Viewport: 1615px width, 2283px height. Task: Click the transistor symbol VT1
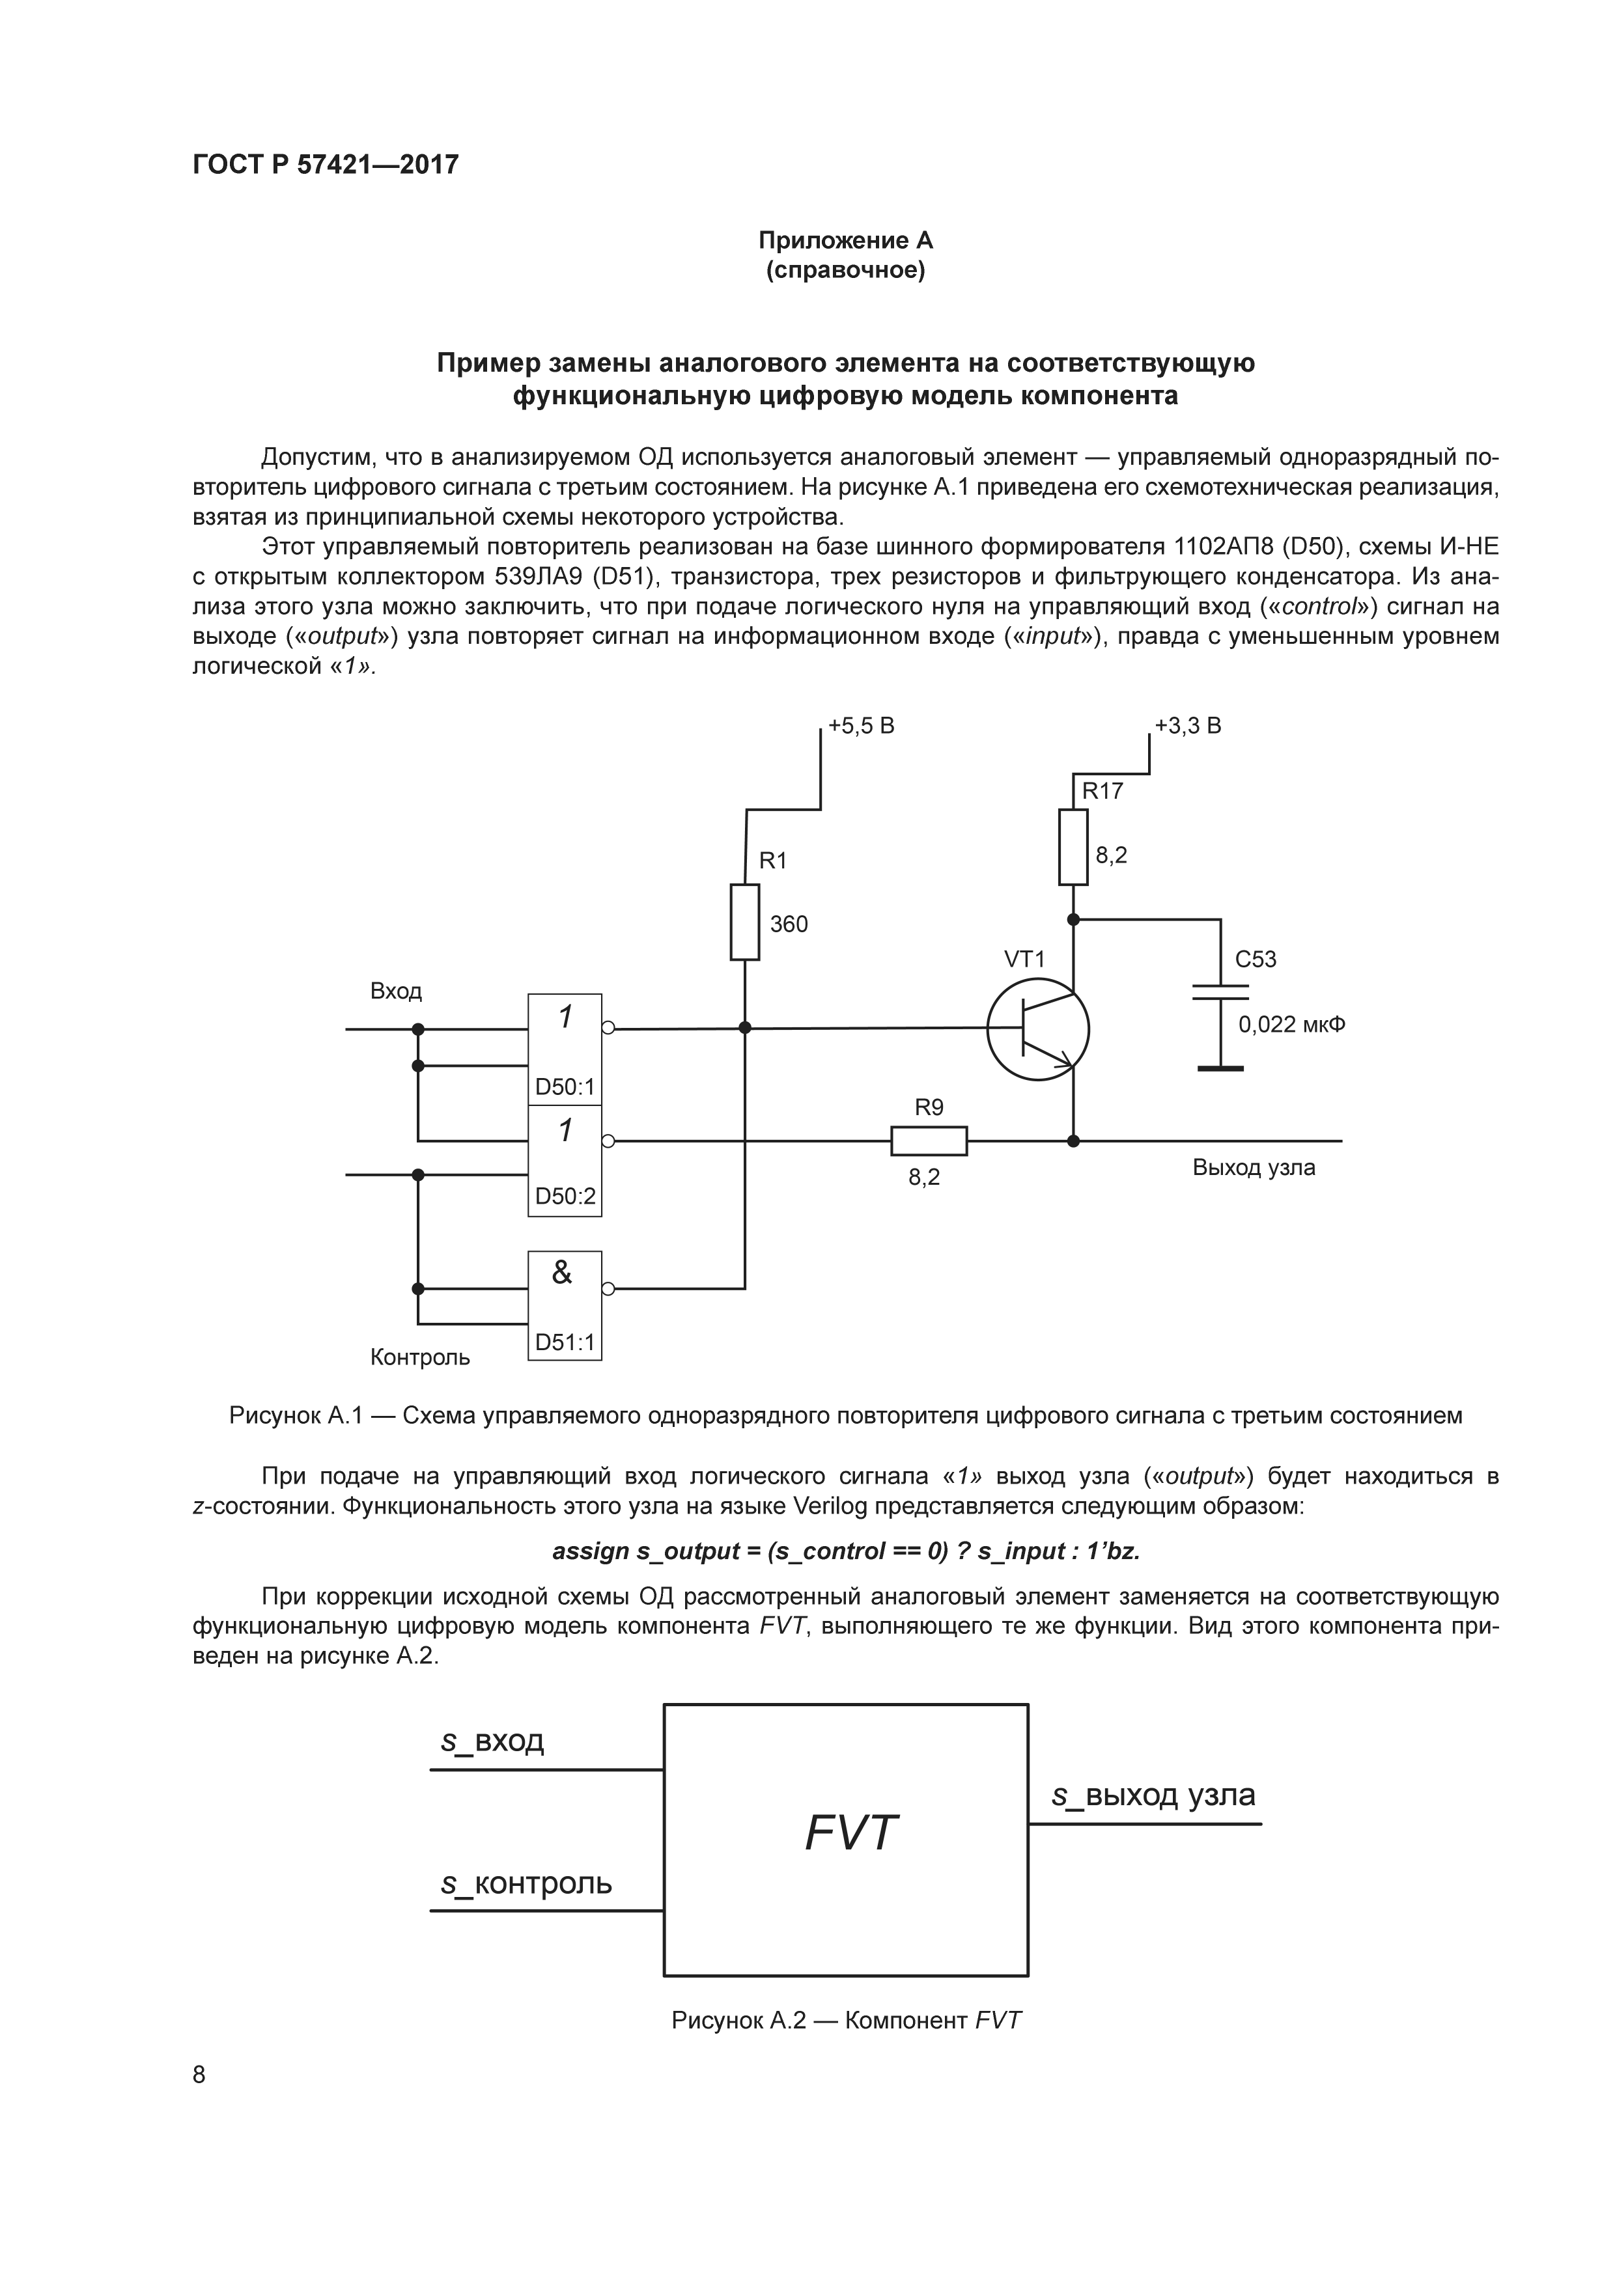point(1037,1029)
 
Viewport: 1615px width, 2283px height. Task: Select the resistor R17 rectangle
point(1073,846)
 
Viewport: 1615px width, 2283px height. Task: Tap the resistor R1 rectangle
point(745,922)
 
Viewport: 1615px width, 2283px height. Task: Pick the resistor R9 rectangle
point(929,1141)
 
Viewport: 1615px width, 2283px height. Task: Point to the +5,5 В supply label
point(861,726)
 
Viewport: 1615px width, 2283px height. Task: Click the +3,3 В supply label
point(1188,726)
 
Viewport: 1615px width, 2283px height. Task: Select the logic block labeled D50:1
point(565,1048)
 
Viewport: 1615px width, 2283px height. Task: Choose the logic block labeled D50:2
point(565,1161)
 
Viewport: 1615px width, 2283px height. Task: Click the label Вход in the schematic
point(396,991)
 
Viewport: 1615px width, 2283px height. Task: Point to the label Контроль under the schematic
point(419,1357)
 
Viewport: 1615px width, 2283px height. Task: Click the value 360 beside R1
point(789,925)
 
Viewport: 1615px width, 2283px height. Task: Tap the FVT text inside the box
point(850,1834)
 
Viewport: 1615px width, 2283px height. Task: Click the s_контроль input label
point(527,1884)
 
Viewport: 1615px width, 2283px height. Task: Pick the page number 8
point(199,2075)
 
